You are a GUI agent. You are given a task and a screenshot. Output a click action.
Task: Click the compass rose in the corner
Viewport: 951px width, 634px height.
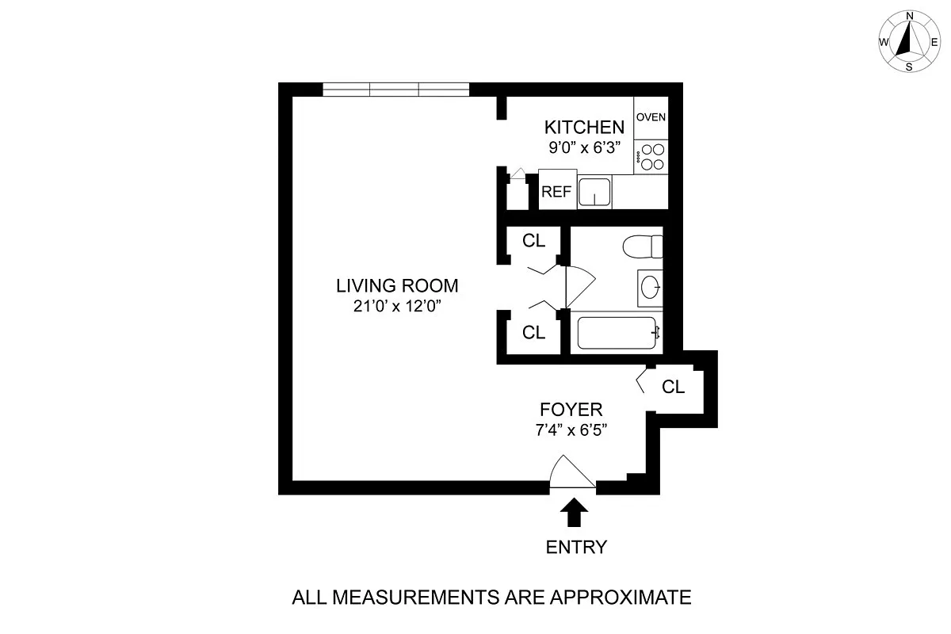tap(909, 41)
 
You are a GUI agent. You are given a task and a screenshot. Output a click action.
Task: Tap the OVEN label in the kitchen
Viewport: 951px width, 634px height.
tap(651, 117)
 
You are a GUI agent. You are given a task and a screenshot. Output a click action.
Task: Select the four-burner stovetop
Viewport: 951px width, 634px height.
tap(651, 156)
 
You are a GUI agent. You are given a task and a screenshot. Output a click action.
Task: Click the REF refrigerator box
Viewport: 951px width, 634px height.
tap(557, 191)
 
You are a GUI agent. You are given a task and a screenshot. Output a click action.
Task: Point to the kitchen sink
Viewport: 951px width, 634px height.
tap(594, 192)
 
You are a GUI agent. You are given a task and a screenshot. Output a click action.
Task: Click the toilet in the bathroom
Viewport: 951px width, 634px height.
tap(642, 247)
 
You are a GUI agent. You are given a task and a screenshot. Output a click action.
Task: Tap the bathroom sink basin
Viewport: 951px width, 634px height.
tap(650, 287)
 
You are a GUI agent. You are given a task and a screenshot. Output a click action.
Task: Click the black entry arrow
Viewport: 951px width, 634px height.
tap(575, 512)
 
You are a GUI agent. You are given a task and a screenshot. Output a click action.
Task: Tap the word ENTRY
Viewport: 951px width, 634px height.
tap(575, 547)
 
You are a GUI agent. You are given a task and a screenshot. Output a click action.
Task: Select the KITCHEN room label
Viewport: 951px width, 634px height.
tap(584, 127)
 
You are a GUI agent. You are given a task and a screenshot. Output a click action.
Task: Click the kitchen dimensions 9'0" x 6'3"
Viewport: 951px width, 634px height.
tap(584, 147)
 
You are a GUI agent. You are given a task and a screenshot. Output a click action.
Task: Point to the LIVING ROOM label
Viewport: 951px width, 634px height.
tap(397, 285)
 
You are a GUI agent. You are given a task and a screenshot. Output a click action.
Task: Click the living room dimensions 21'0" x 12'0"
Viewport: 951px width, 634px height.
tap(397, 306)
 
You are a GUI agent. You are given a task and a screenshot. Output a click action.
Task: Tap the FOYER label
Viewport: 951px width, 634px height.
tap(571, 410)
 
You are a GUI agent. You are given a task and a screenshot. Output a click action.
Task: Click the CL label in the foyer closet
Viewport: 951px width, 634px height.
tap(673, 388)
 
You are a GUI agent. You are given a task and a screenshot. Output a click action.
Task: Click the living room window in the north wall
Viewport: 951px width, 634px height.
tap(395, 90)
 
